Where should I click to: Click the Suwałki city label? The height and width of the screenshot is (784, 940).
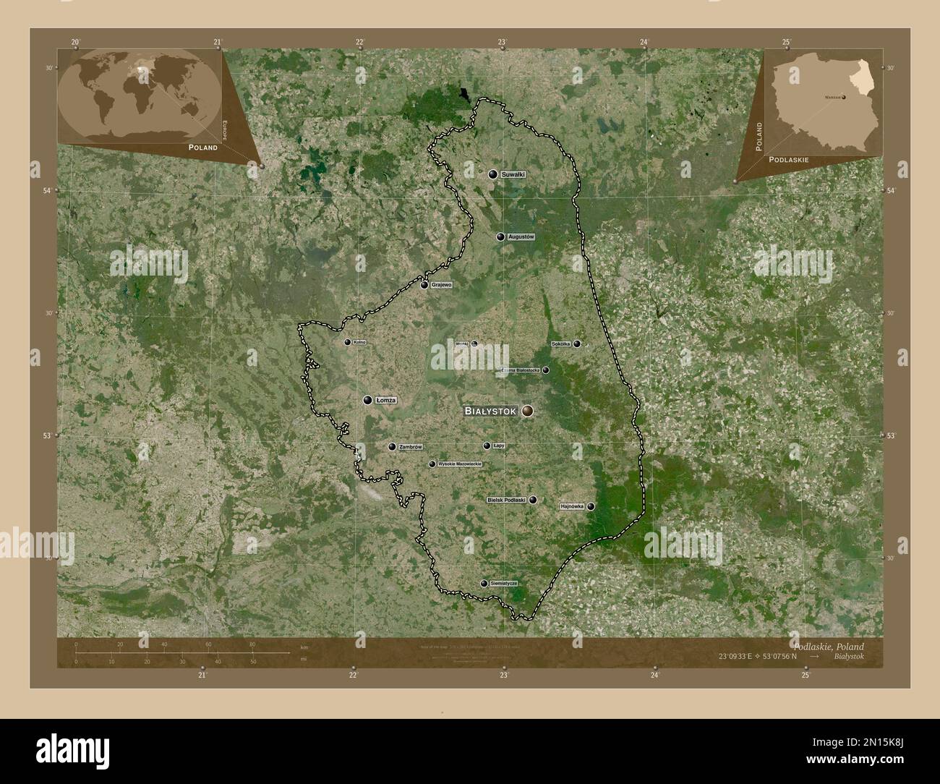coord(513,174)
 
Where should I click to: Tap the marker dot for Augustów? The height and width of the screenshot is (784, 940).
coord(500,237)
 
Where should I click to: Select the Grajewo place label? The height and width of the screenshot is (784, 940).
coord(441,285)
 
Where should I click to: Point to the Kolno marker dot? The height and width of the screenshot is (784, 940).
coord(348,342)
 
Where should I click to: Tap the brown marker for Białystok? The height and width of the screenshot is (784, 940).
coord(528,411)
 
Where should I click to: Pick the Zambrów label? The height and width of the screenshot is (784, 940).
coord(410,447)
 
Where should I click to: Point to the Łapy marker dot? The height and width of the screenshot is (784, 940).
coord(487,446)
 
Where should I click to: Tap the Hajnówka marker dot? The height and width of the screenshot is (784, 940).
coord(591,507)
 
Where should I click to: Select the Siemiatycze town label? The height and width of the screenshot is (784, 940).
coord(504,583)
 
